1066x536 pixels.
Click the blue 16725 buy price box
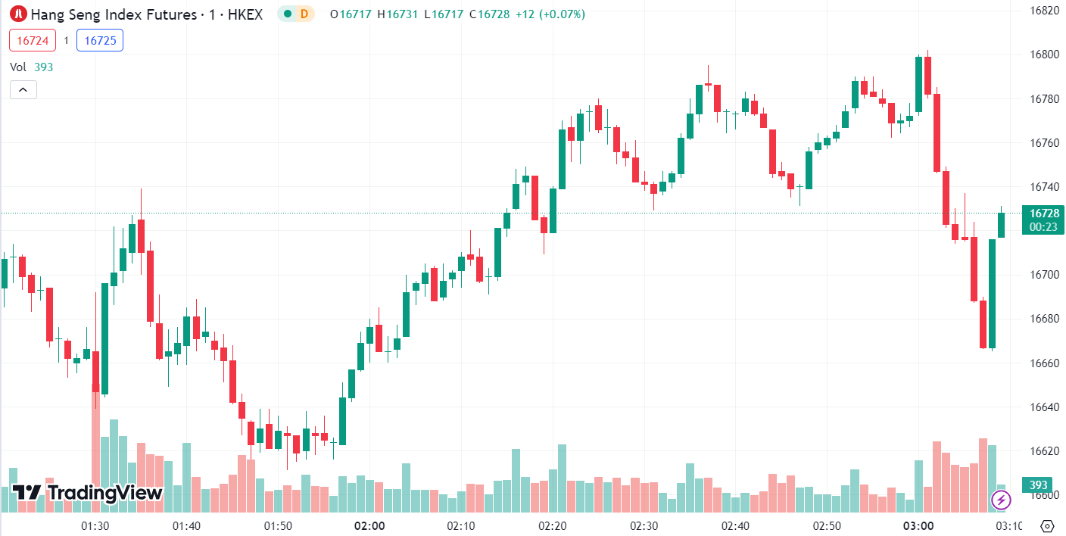tap(100, 40)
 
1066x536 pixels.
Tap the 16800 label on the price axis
tap(1044, 55)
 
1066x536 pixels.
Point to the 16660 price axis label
tap(1044, 363)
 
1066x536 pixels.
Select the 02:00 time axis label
tap(369, 525)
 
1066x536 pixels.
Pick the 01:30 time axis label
tap(95, 525)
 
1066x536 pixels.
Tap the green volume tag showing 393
tap(1037, 485)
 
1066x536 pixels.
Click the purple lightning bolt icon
tap(1002, 500)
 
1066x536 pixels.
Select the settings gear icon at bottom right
tap(1047, 525)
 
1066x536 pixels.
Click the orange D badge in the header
tap(304, 14)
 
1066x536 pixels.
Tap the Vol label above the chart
tap(18, 67)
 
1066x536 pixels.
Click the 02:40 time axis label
tap(735, 525)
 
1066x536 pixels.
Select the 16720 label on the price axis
tap(1044, 230)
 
